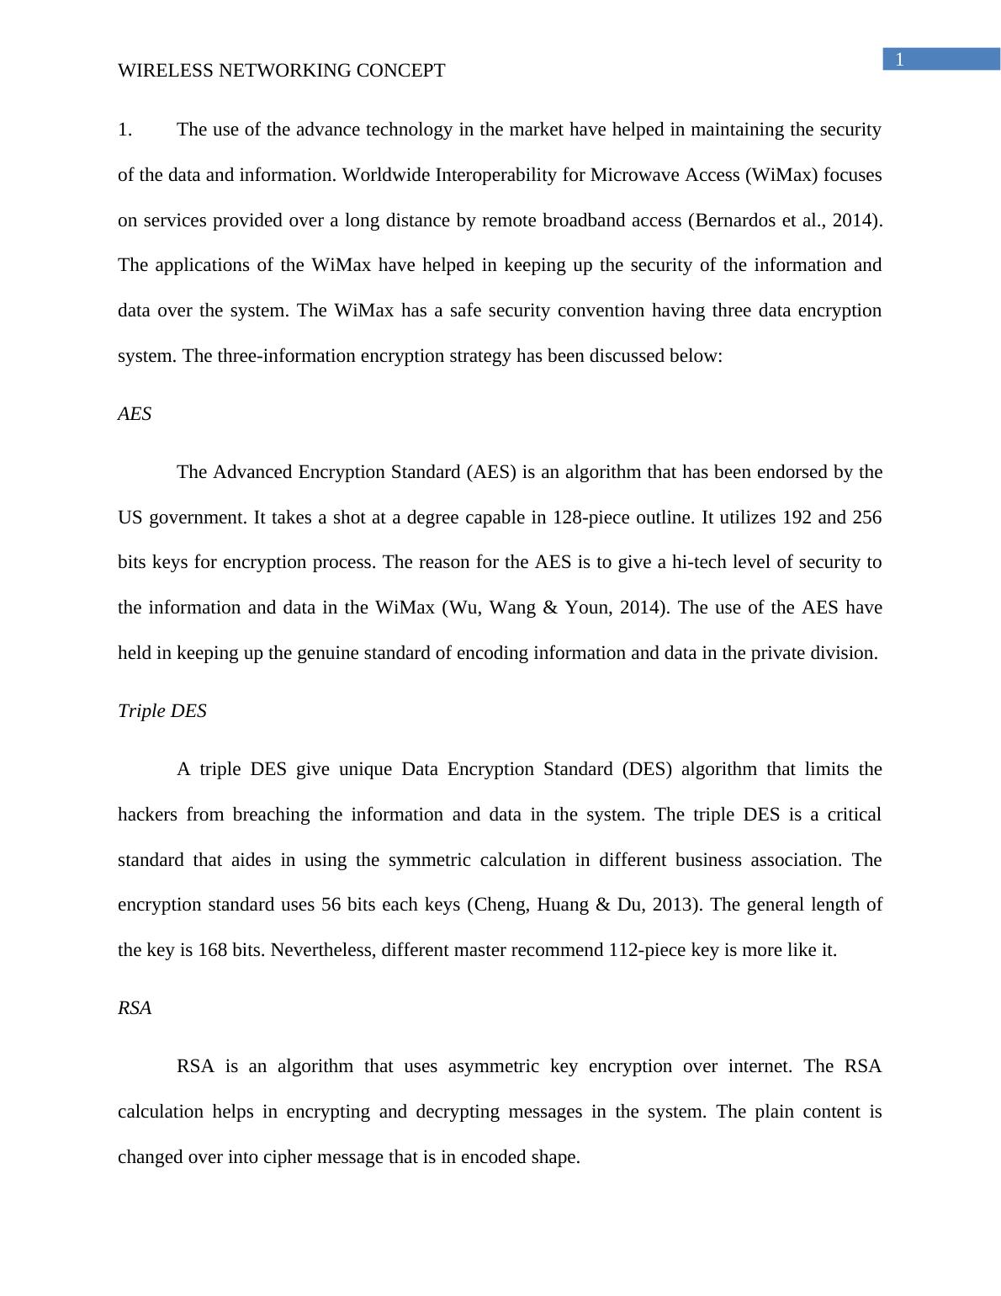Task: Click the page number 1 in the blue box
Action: [x=899, y=60]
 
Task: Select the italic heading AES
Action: [x=135, y=414]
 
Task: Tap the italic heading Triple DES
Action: [x=162, y=711]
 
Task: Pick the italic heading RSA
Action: [x=135, y=1008]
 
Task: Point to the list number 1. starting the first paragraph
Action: [x=125, y=130]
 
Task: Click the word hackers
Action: [x=147, y=815]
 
